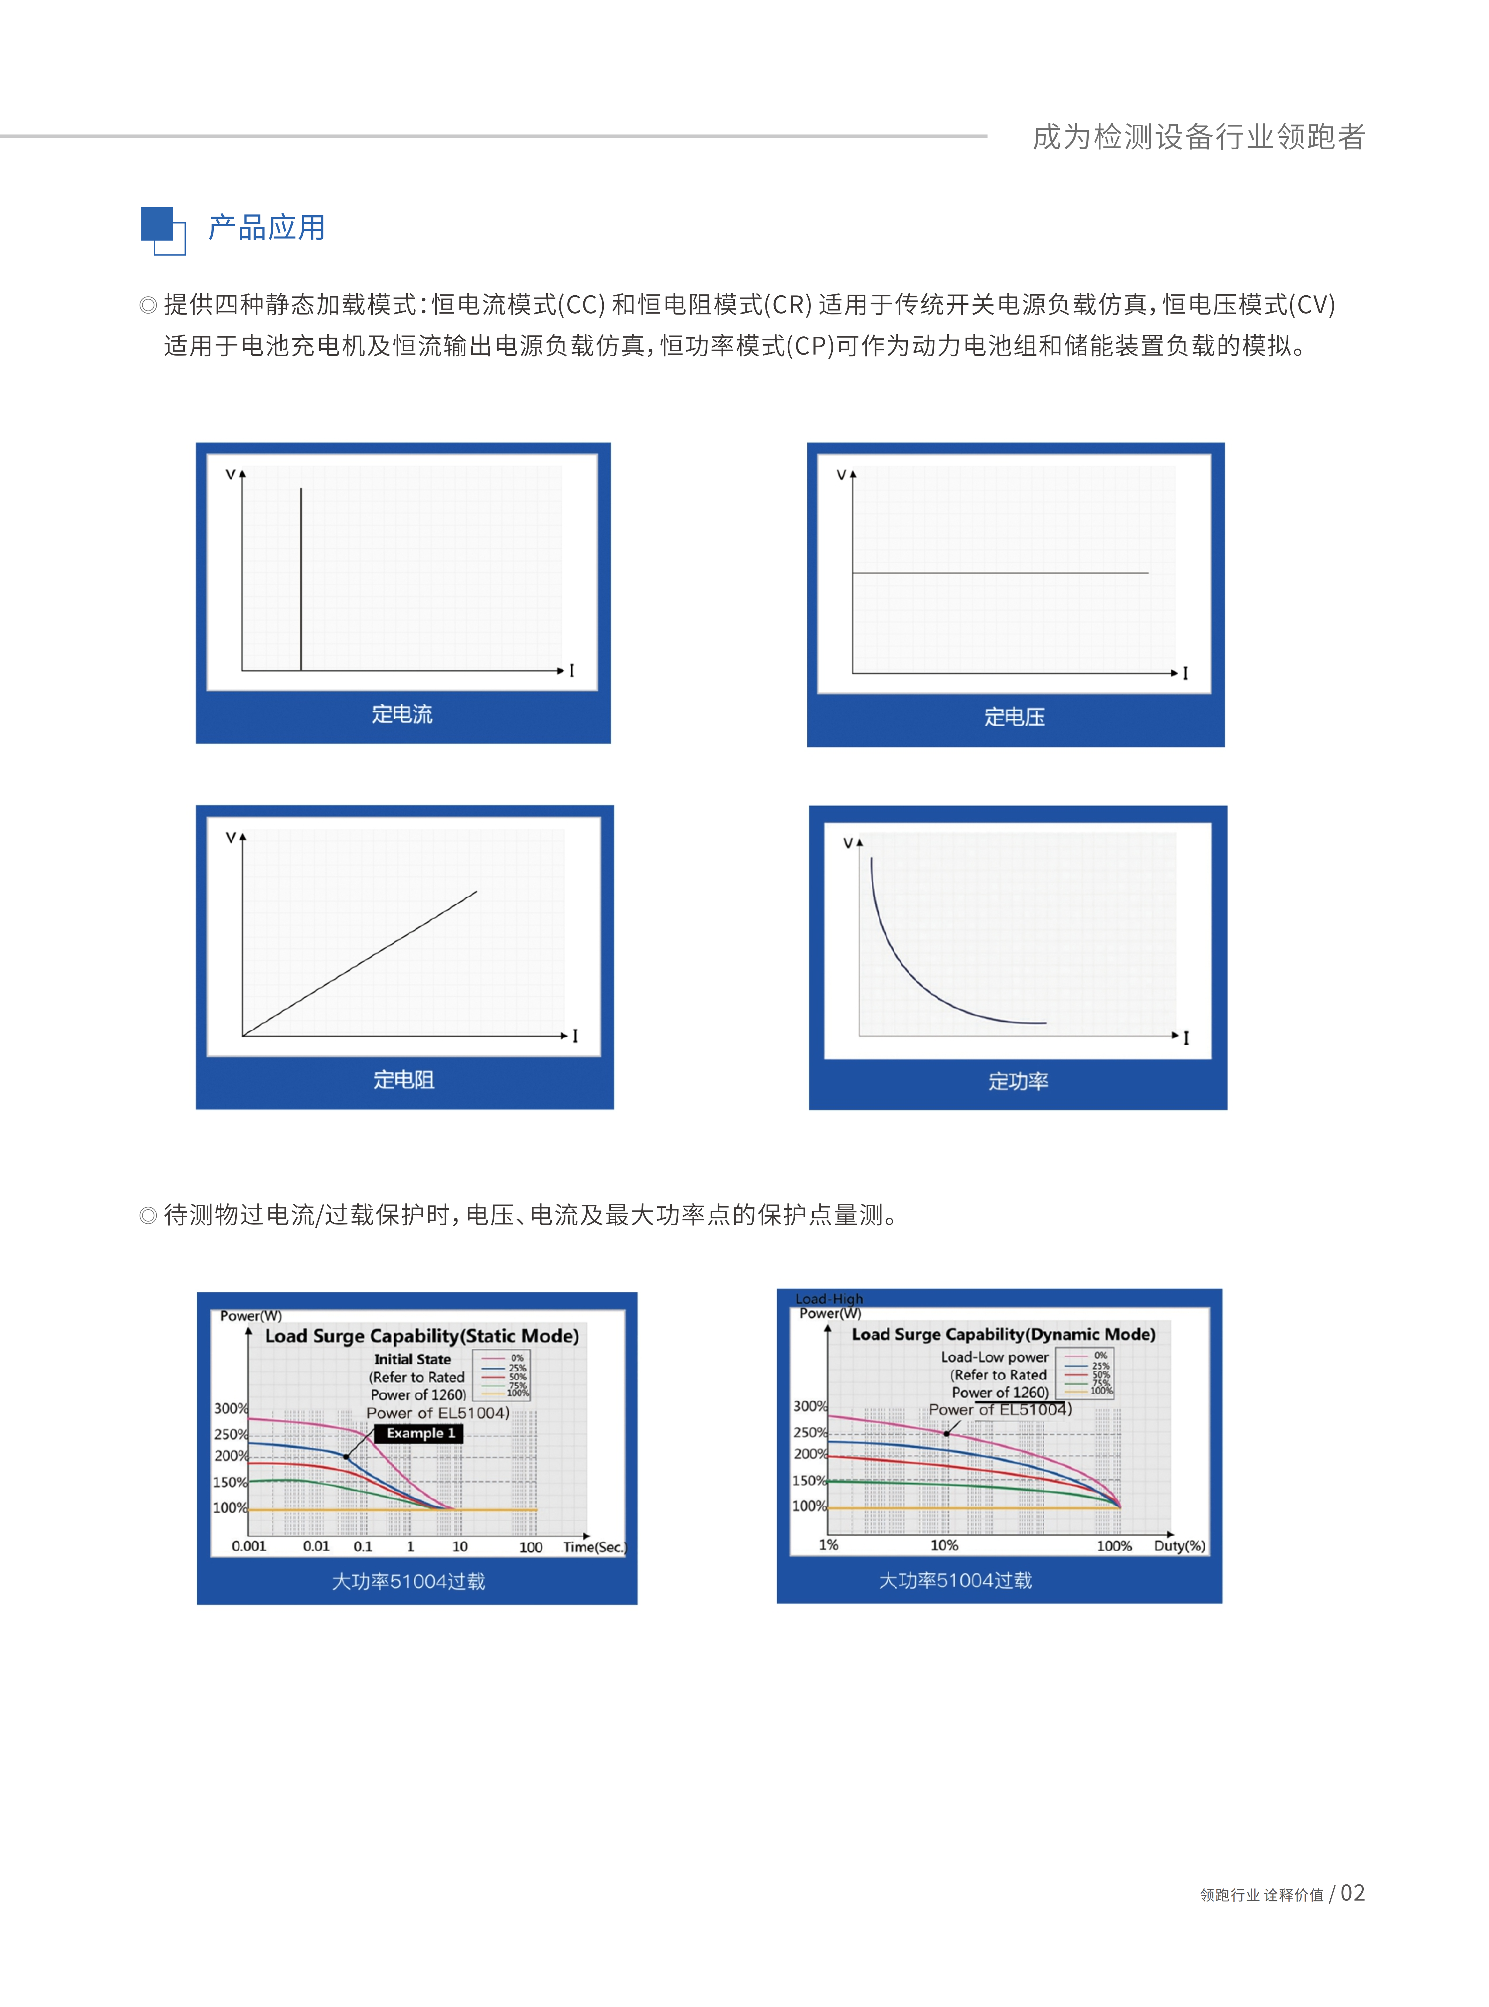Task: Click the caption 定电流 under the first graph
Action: pos(402,714)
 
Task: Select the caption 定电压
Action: pos(1014,717)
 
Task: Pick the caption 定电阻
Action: pos(404,1079)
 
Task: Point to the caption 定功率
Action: pos(1017,1081)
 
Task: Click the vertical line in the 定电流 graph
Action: pos(301,577)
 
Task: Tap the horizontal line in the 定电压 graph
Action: pos(1000,572)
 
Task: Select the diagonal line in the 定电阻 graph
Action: pos(361,963)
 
